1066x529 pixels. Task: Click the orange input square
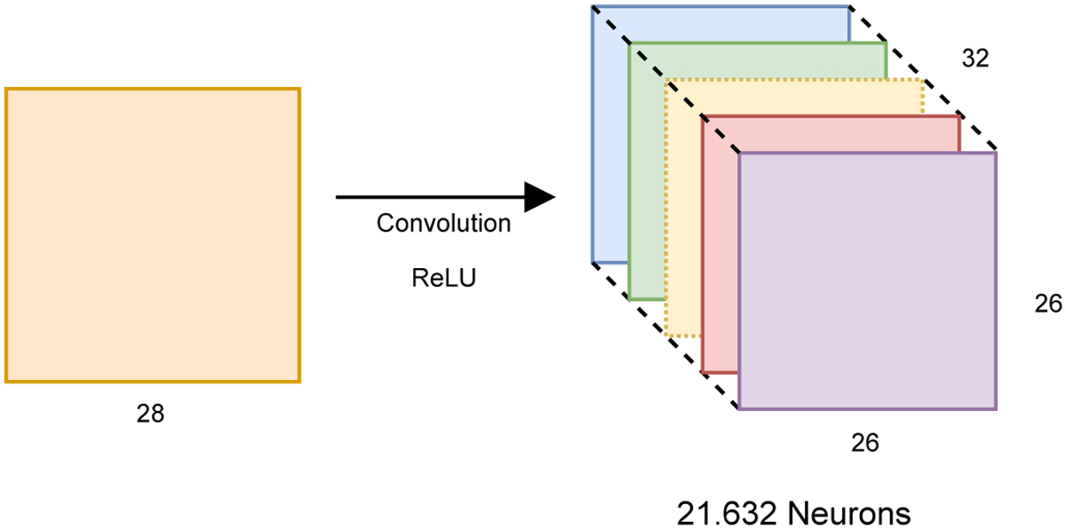point(153,235)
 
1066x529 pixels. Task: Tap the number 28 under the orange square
point(150,414)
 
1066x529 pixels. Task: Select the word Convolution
point(443,223)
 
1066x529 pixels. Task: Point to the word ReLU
point(443,279)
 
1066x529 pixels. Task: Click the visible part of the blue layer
point(609,133)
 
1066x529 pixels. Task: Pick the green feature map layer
point(647,178)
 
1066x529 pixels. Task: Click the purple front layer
point(867,280)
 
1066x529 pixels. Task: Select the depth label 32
point(975,58)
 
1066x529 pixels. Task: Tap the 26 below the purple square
point(865,442)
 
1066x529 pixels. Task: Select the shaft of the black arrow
point(426,197)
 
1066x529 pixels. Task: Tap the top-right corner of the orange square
point(299,89)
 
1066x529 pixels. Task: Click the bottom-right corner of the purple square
point(996,408)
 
